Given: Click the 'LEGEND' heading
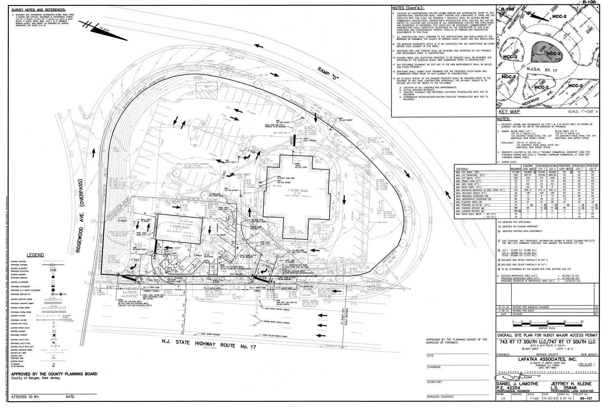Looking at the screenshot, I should [36, 255].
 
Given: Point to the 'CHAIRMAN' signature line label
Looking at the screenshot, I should [434, 367].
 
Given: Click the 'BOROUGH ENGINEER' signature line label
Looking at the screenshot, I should [440, 397].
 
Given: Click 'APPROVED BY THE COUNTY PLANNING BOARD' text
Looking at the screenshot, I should [54, 374].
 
